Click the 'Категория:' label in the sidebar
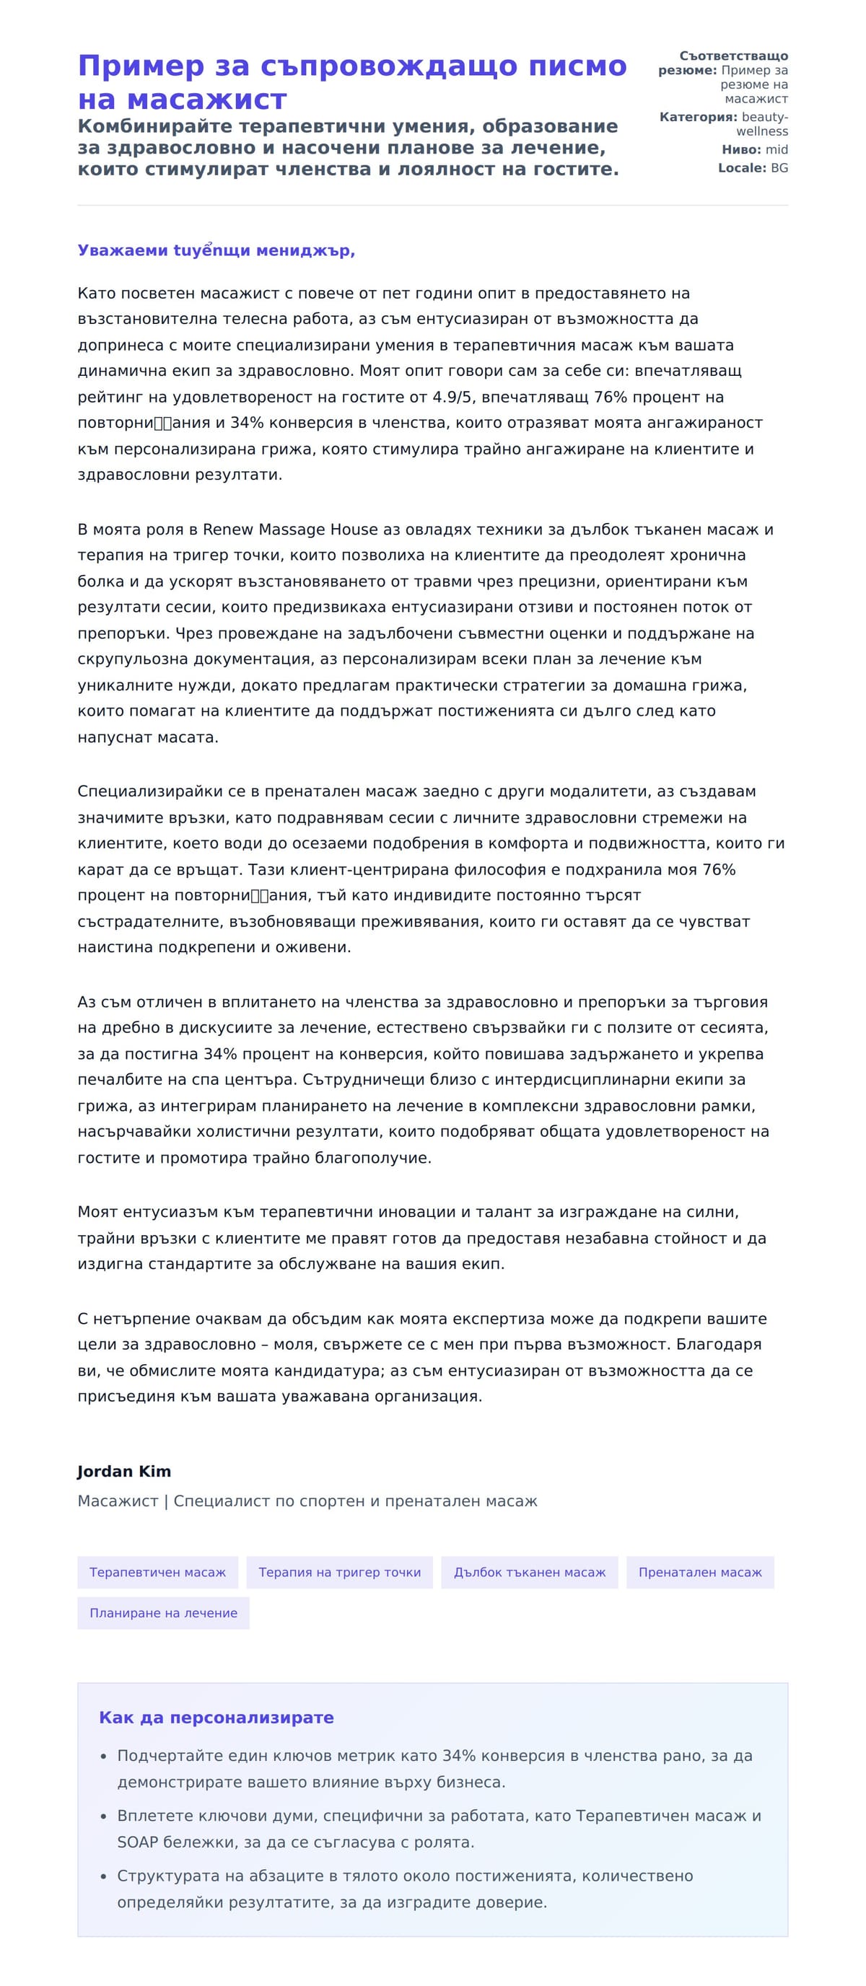[698, 117]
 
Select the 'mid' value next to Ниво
[777, 149]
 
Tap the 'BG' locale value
[779, 168]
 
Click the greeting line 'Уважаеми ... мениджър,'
[216, 250]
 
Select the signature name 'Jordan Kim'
[124, 1471]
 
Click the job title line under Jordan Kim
[307, 1501]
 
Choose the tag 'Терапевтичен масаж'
[157, 1572]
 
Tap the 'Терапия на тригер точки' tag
[339, 1572]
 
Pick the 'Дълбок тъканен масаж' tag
[529, 1572]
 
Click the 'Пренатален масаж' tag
[699, 1572]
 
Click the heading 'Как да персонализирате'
[216, 1718]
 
